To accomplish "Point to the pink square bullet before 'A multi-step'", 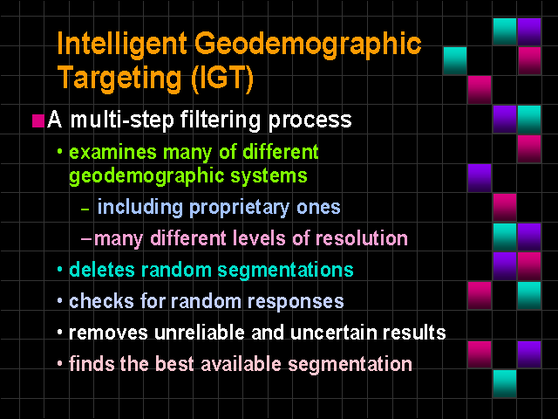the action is coord(38,120).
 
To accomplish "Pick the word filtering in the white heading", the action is coord(221,120).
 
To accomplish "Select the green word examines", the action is coord(112,153).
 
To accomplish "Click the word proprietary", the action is coord(239,208).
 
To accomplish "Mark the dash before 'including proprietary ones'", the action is coord(85,209).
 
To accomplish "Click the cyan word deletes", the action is coord(102,270).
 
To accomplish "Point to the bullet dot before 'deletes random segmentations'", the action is coord(60,270).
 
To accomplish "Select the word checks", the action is coord(102,301).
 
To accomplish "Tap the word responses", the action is coord(296,303).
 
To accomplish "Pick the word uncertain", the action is coord(334,333).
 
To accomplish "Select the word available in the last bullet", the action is coord(241,364).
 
